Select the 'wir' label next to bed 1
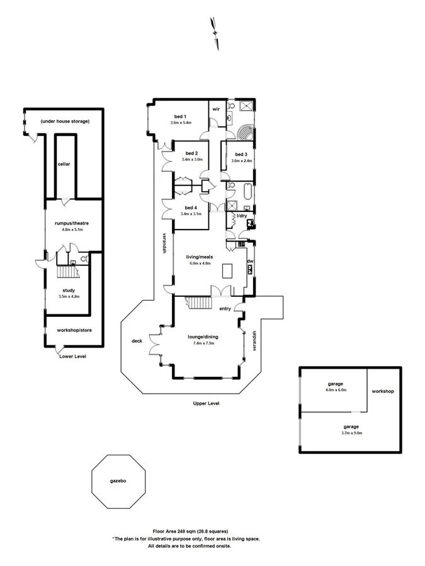215,109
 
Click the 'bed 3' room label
241,154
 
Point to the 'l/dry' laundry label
242,216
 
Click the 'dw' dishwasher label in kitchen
250,261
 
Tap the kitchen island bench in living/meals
227,272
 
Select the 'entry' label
225,309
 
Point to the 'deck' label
137,341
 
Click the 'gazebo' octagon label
118,480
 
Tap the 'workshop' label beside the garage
382,391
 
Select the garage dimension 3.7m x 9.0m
335,433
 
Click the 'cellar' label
64,164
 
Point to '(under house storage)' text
65,121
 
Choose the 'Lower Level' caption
72,356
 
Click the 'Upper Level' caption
206,403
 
